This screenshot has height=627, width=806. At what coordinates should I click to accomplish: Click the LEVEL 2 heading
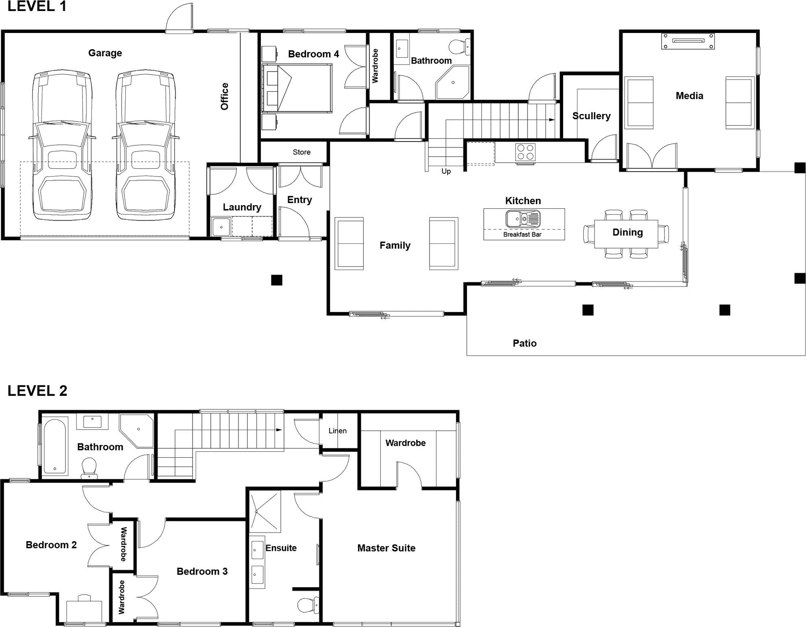37,391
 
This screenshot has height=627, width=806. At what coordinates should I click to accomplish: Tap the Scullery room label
591,116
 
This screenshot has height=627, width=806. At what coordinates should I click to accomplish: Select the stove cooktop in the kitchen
525,153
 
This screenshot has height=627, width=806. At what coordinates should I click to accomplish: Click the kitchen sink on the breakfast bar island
523,219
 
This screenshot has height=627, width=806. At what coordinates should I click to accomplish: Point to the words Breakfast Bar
522,234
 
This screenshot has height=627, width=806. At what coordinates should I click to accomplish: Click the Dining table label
627,232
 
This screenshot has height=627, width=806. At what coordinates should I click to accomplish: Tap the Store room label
301,152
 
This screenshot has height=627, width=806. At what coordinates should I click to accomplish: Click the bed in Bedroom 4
296,88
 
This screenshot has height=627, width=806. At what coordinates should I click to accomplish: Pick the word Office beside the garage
224,96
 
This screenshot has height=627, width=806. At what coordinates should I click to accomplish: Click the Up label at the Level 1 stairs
446,171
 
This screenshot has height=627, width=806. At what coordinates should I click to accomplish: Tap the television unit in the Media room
688,41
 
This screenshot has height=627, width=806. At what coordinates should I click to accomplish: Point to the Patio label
524,343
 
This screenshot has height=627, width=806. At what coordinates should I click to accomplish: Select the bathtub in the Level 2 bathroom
55,446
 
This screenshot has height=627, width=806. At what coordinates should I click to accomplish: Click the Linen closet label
338,431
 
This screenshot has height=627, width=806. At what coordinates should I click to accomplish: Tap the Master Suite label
386,548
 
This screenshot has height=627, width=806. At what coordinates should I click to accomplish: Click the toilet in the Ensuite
308,605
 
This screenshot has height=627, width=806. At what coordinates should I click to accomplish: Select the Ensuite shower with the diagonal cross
265,511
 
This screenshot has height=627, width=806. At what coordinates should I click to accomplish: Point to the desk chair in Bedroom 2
84,598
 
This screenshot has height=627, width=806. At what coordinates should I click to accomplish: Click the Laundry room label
242,207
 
